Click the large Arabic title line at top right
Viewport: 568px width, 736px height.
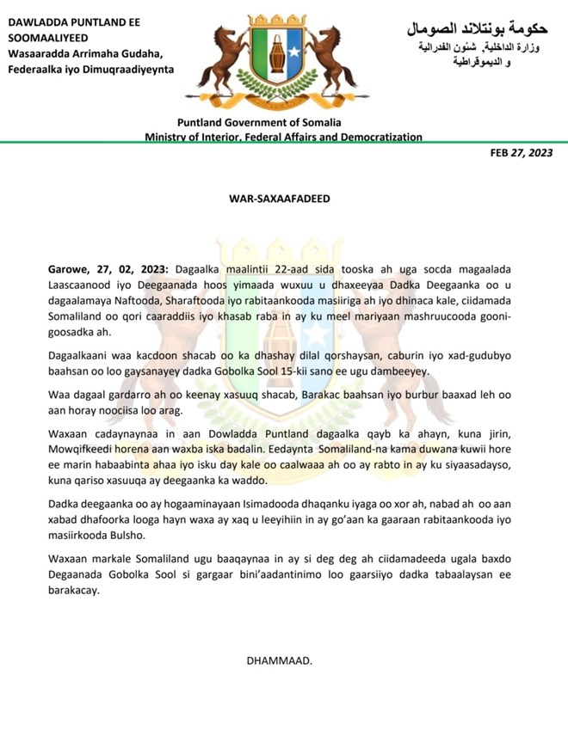477,28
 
